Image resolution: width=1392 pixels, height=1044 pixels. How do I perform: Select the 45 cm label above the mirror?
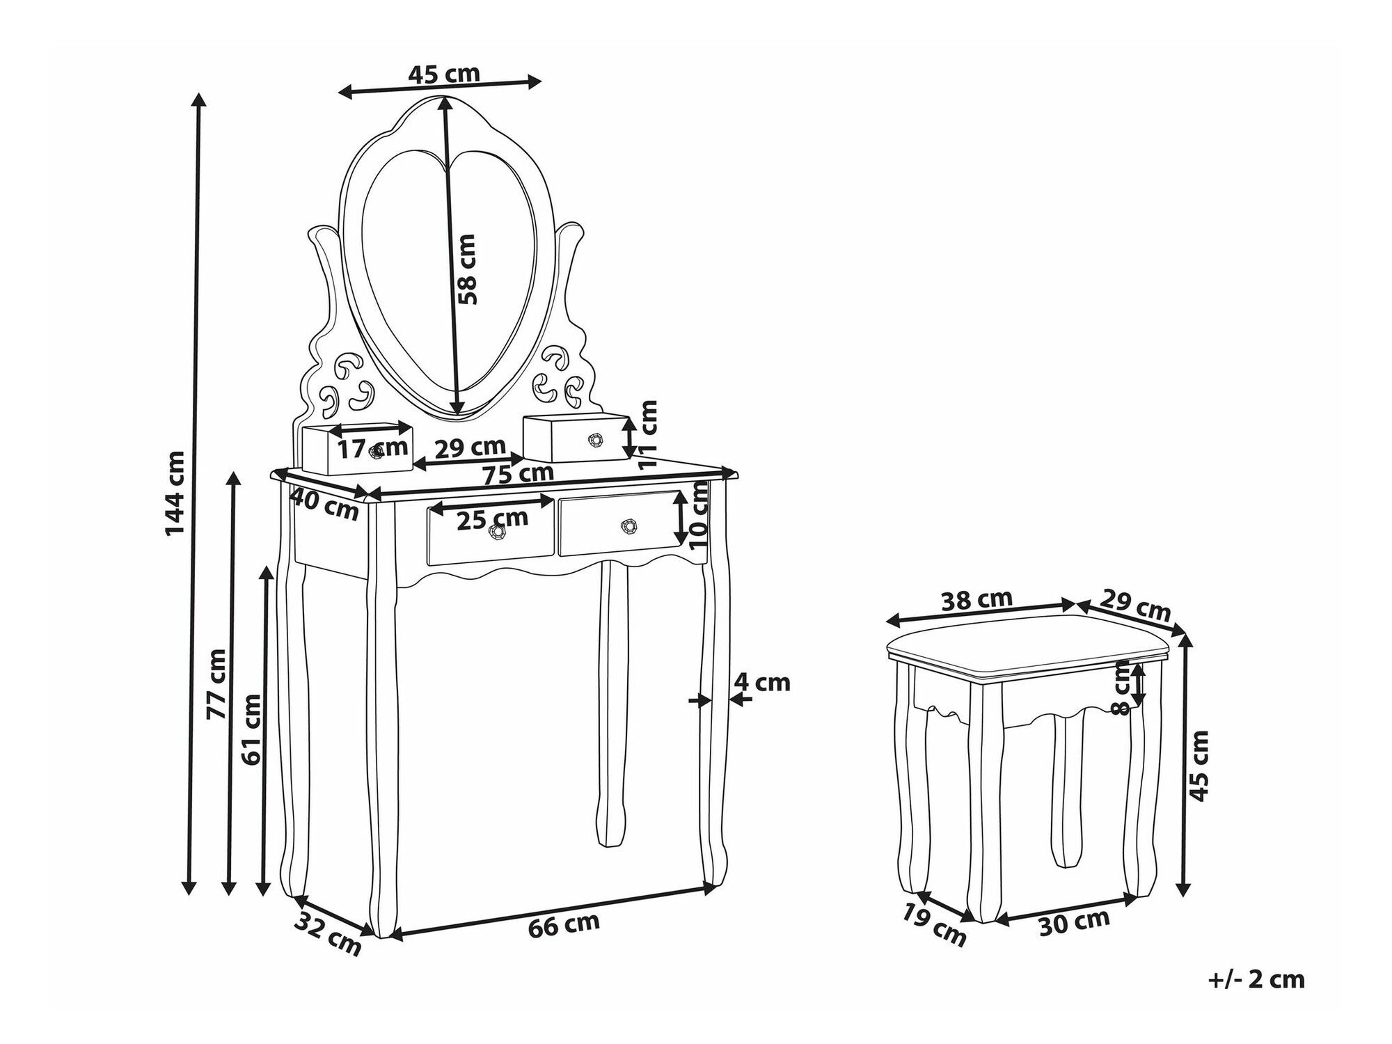(x=443, y=73)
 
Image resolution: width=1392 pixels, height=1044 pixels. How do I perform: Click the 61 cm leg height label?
(x=252, y=729)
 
